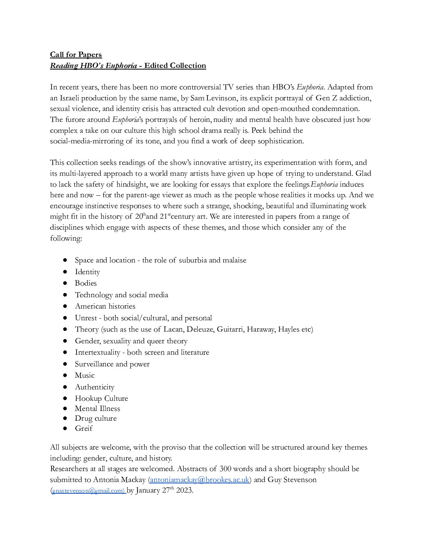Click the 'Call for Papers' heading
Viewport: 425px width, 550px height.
tap(76, 55)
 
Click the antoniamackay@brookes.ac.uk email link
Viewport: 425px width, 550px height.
tap(199, 480)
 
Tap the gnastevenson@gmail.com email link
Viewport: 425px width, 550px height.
tap(88, 491)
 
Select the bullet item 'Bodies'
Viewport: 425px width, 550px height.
tap(86, 283)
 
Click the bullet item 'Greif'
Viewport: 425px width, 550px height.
tap(84, 429)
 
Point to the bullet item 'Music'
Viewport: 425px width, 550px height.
tap(84, 375)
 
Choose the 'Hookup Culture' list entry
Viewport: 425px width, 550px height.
tap(101, 398)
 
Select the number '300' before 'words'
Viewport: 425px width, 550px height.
tap(226, 469)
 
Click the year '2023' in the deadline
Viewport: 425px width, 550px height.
tap(184, 490)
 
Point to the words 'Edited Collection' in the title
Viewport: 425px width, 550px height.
tap(175, 66)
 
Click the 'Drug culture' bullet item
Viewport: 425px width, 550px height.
tap(96, 418)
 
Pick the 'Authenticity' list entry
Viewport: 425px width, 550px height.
tap(95, 387)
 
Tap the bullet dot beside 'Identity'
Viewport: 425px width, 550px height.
tap(66, 272)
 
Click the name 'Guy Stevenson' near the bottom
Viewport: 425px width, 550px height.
tap(292, 480)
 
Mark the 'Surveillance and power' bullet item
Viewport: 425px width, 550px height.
tap(112, 364)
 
